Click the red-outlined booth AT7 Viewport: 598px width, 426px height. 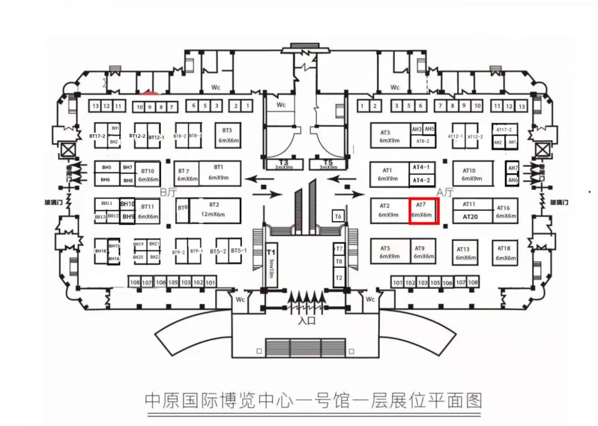[x=424, y=210]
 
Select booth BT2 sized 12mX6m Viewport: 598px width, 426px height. [x=214, y=210]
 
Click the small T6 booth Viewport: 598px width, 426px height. [x=338, y=216]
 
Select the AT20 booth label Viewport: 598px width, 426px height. [x=470, y=217]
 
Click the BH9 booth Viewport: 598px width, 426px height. [x=128, y=217]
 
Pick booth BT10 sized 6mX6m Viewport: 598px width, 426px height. [x=148, y=175]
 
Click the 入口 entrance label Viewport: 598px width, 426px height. [x=306, y=320]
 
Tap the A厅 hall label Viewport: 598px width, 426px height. [x=446, y=192]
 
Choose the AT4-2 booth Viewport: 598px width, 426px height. [x=421, y=180]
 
